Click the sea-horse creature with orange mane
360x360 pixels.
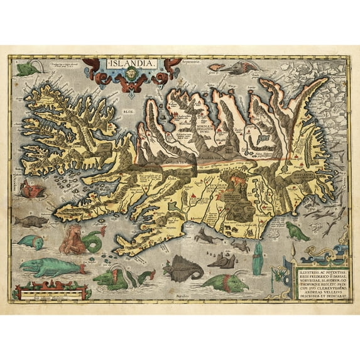click(80, 239)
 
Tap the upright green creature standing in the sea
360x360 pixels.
click(257, 258)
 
